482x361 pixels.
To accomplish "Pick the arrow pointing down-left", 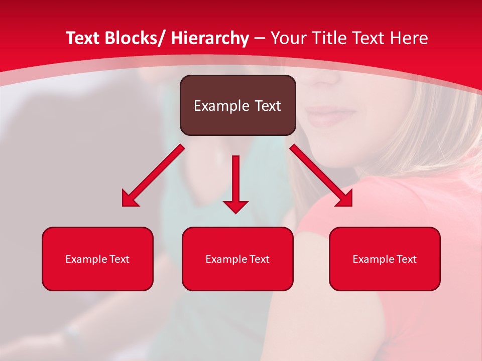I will tap(153, 176).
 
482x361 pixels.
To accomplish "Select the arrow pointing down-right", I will tap(321, 175).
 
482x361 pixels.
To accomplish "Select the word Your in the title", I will tap(288, 38).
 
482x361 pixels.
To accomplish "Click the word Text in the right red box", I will tap(406, 259).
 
